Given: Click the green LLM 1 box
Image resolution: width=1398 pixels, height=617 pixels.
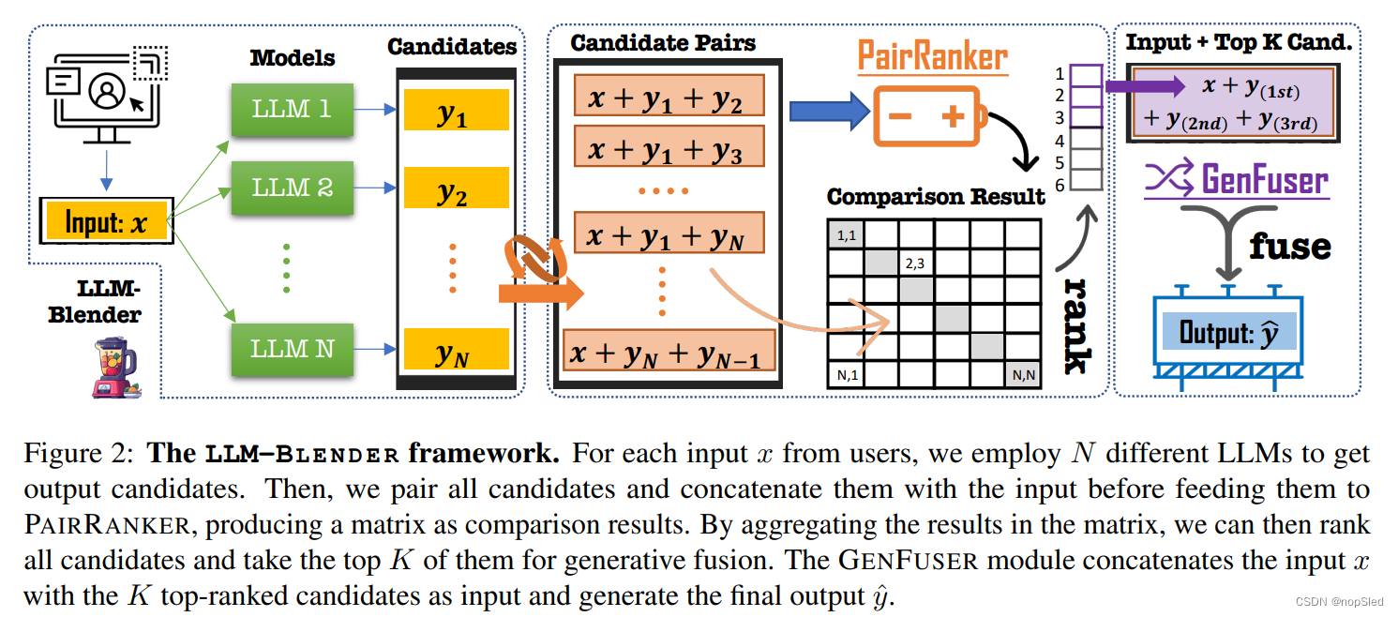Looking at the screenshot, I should point(292,109).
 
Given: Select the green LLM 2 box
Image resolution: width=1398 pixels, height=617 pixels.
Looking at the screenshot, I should point(292,188).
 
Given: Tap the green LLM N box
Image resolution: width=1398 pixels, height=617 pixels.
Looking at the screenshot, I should point(292,349).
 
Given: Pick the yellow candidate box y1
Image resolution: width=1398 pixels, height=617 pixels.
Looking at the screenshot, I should point(456,113).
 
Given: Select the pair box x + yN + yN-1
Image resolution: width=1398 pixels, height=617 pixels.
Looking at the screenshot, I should point(668,352).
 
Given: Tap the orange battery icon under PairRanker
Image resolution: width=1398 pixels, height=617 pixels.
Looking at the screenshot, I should point(928,117).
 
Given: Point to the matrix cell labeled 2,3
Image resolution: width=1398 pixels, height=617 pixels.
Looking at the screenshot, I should point(916,265).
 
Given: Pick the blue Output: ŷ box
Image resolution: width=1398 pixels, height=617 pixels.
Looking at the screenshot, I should point(1229,332).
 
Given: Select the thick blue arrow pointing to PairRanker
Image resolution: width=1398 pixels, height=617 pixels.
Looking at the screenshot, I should point(829,112).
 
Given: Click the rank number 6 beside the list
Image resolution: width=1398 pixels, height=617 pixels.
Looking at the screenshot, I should point(1060,186).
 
